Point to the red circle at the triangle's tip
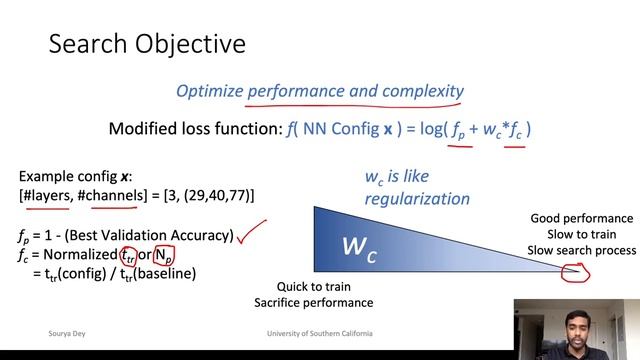pos(574,270)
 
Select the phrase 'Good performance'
pos(582,218)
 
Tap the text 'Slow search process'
pos(582,248)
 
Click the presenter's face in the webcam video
pos(577,323)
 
